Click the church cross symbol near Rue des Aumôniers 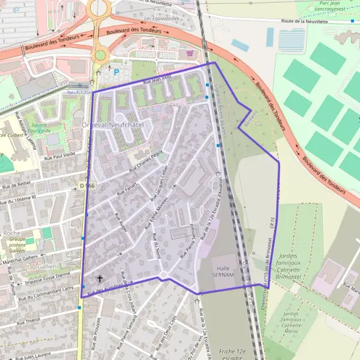pos(100,279)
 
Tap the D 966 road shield pos(86,186)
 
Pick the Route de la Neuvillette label pos(305,22)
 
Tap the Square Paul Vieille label pos(40,127)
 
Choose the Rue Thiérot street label pos(29,320)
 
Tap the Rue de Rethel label pos(16,185)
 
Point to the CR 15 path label pos(272,224)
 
